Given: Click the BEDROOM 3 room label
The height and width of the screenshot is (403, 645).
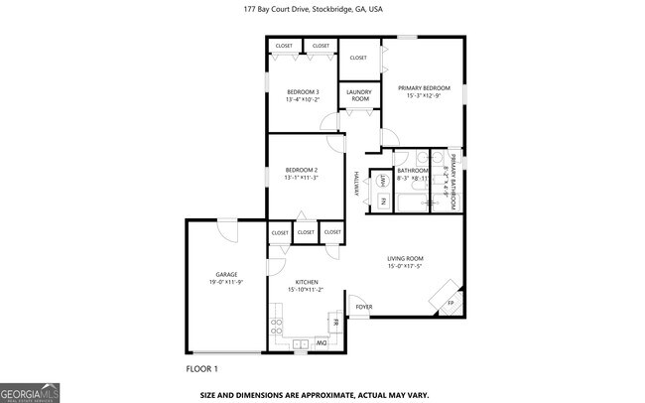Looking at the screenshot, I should [302, 92].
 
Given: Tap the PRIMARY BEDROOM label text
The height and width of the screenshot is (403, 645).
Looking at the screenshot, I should [422, 87].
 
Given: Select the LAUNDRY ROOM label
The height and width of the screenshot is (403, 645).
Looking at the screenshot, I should [358, 95].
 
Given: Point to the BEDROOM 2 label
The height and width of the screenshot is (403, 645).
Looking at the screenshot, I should [301, 170].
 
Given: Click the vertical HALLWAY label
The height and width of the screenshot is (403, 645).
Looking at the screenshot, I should [355, 184].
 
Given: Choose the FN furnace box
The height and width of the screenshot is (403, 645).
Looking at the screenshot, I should [383, 201].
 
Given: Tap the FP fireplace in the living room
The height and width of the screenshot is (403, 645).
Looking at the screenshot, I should [449, 302].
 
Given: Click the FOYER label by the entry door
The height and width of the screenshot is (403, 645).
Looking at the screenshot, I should [364, 307].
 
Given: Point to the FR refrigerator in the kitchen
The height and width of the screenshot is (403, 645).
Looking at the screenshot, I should [335, 323].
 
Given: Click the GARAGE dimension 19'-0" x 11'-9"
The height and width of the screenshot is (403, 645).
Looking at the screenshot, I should [225, 282].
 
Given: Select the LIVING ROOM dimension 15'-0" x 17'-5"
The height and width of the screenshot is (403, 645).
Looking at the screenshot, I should [405, 266].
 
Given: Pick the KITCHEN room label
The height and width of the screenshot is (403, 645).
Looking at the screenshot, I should [307, 282].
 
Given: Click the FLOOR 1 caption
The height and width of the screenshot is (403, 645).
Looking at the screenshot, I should [201, 369].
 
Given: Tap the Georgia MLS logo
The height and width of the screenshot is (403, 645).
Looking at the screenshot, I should [30, 391].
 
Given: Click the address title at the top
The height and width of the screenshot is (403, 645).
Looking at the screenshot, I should [313, 9].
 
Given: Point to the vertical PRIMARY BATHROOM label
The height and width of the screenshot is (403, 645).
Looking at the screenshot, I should [451, 182].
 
